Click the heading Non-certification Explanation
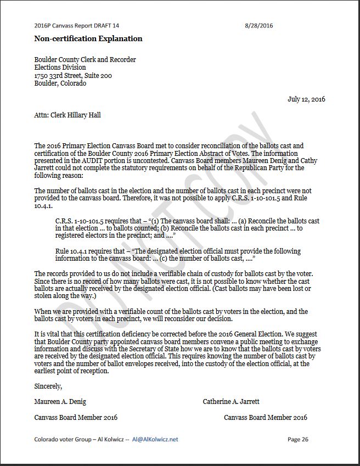click(88, 38)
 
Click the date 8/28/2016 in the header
click(259, 25)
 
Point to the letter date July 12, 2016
click(306, 99)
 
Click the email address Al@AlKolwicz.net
click(155, 439)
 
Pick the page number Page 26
click(298, 439)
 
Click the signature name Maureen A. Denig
click(60, 402)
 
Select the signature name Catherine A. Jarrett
click(232, 402)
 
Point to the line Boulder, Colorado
click(60, 83)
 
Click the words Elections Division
click(60, 68)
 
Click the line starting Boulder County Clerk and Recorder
click(85, 59)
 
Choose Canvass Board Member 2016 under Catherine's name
click(266, 418)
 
